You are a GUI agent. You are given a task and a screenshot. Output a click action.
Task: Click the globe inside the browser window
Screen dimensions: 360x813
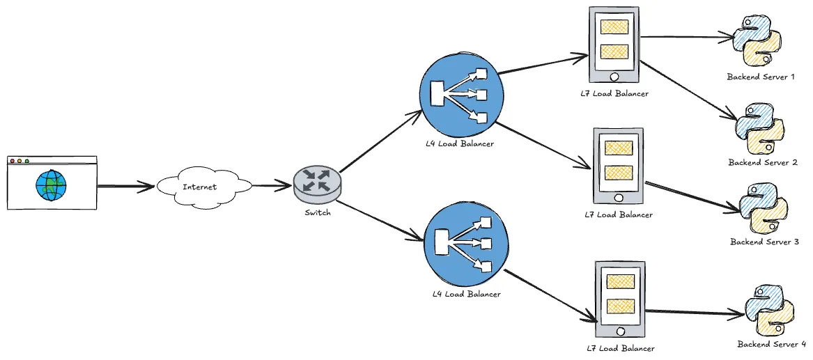[52, 186]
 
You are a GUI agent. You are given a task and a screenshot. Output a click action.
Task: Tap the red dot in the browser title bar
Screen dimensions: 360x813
[12, 162]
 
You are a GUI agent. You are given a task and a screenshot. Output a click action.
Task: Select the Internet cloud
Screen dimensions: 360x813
[203, 187]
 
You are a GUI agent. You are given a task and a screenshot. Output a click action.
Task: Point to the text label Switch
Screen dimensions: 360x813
[318, 212]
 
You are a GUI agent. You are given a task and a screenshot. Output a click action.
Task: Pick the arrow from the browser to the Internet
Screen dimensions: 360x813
[125, 186]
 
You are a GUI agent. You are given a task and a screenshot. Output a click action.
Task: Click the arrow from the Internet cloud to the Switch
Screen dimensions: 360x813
[272, 185]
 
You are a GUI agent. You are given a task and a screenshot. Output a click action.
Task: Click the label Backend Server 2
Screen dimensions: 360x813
[763, 162]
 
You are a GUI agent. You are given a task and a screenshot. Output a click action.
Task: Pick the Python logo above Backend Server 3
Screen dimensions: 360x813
[764, 208]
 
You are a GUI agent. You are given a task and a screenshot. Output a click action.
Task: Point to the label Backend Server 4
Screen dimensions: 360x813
[771, 344]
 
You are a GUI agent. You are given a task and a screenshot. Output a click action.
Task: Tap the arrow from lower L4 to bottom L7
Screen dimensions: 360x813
[551, 296]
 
